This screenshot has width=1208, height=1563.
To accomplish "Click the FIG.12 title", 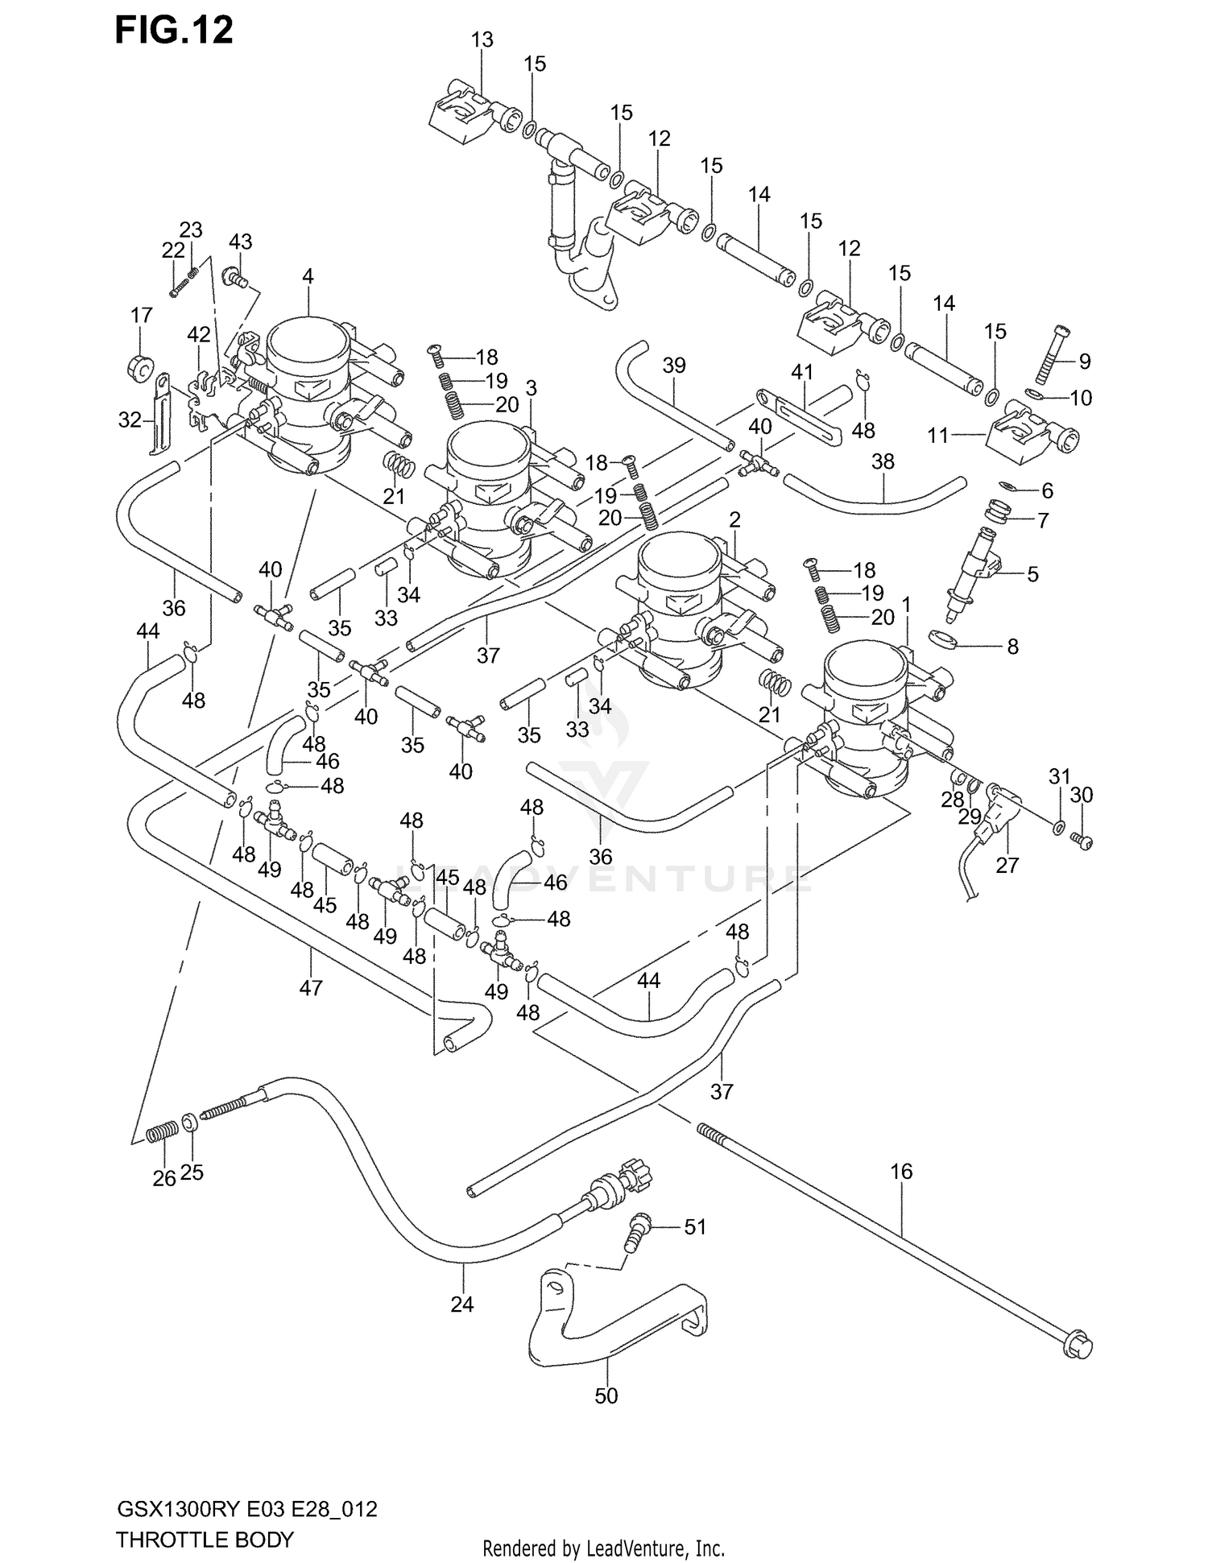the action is [174, 31].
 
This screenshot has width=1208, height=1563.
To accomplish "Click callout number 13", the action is [482, 39].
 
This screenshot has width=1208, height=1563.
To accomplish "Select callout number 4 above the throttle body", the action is [308, 276].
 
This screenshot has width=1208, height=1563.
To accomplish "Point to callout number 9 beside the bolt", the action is [1085, 362].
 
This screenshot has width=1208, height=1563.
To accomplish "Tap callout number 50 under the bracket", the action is [606, 1396].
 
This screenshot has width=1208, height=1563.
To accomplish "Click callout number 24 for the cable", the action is [462, 1304].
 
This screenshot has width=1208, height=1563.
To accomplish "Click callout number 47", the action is [311, 987].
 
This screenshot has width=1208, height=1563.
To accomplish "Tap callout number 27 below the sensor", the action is [1007, 865].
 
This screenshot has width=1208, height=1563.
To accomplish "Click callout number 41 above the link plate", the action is [802, 372].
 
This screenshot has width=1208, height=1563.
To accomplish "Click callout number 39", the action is [674, 366].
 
